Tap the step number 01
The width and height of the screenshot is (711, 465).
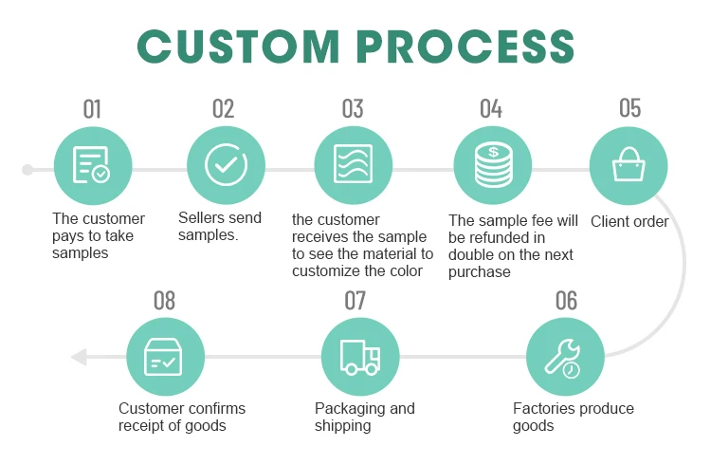92,108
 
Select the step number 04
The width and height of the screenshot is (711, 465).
490,108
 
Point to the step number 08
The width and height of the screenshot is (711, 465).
164,301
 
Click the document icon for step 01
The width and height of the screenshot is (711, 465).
92,167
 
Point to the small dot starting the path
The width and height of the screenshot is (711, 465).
27,170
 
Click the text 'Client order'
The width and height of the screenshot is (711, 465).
629,222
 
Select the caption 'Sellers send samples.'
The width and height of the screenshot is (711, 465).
220,226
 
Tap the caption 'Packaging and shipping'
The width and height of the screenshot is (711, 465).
365,417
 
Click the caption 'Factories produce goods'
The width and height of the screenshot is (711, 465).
573,417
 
